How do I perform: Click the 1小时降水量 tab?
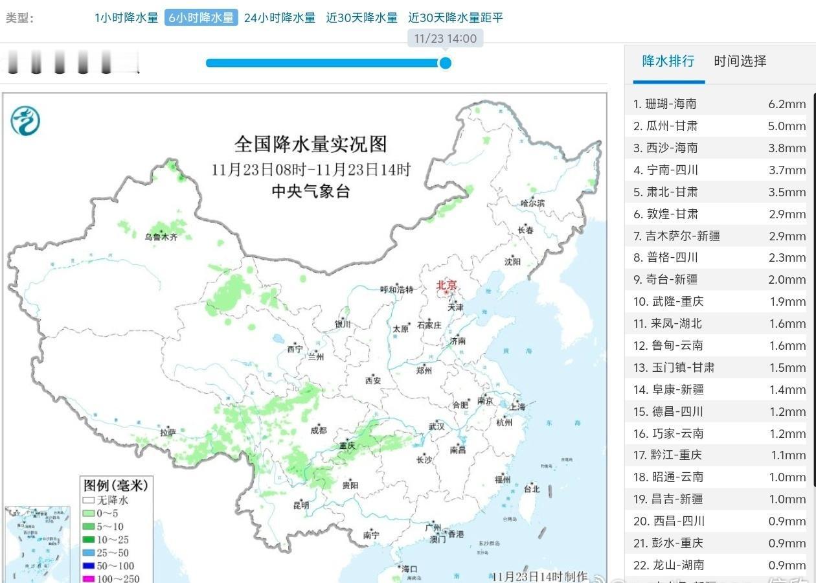pyautogui.click(x=126, y=17)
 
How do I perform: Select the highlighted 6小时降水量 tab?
pyautogui.click(x=201, y=17)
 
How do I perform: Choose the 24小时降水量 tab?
pyautogui.click(x=280, y=17)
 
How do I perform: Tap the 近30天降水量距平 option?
pyautogui.click(x=455, y=17)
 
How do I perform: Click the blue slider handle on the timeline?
pyautogui.click(x=445, y=63)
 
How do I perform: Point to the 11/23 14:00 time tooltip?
pyautogui.click(x=445, y=38)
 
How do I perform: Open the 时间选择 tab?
pyautogui.click(x=740, y=61)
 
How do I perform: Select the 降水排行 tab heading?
pyautogui.click(x=668, y=61)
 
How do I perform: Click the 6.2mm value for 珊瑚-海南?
pyautogui.click(x=787, y=104)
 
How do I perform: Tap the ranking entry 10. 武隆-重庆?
pyautogui.click(x=668, y=301)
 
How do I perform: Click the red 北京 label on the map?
pyautogui.click(x=446, y=285)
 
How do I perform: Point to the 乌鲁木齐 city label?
pyautogui.click(x=161, y=237)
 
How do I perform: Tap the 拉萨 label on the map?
pyautogui.click(x=168, y=432)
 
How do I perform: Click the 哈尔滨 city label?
pyautogui.click(x=532, y=203)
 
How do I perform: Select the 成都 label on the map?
pyautogui.click(x=318, y=429)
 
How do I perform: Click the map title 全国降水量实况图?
pyautogui.click(x=310, y=143)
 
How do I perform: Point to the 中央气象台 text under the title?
pyautogui.click(x=310, y=190)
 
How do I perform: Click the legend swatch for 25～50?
pyautogui.click(x=88, y=553)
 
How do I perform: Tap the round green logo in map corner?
pyautogui.click(x=25, y=120)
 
